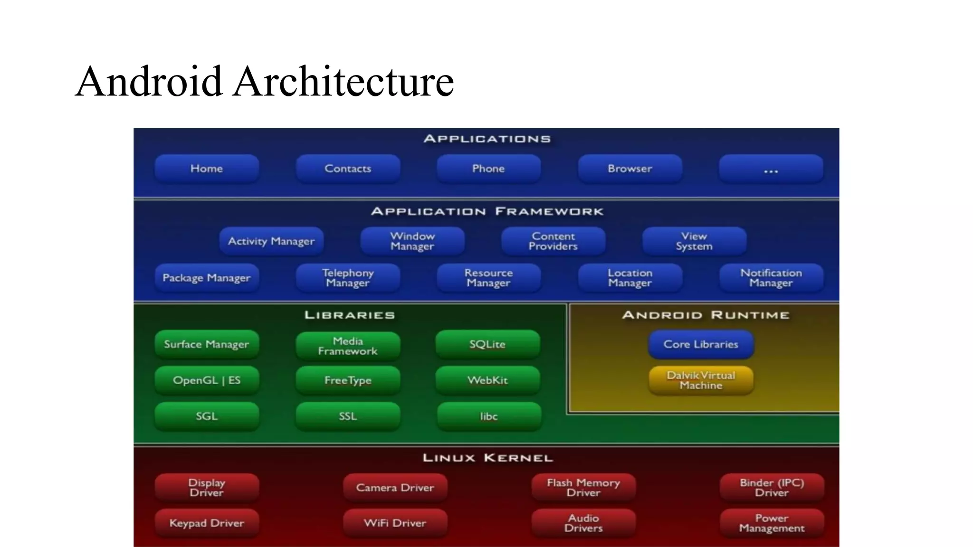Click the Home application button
pyautogui.click(x=207, y=169)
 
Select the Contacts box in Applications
pyautogui.click(x=348, y=169)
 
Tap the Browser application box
pyautogui.click(x=630, y=169)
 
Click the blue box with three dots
pyautogui.click(x=771, y=169)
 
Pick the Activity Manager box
pyautogui.click(x=271, y=241)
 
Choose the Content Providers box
pyautogui.click(x=553, y=241)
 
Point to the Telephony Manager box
pyautogui.click(x=348, y=278)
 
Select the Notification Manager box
pyautogui.click(x=771, y=278)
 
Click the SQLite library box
pyautogui.click(x=487, y=344)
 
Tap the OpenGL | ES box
pyautogui.click(x=207, y=380)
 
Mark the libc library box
pyautogui.click(x=488, y=416)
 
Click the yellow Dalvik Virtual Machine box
pyautogui.click(x=701, y=380)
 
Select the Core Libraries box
pyautogui.click(x=701, y=344)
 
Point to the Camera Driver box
pyautogui.click(x=395, y=488)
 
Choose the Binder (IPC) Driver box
pyautogui.click(x=772, y=488)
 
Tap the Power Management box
pyautogui.click(x=772, y=523)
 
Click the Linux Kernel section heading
pyautogui.click(x=487, y=458)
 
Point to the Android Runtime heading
pyautogui.click(x=706, y=315)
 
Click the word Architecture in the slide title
pyautogui.click(x=343, y=82)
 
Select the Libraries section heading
pyautogui.click(x=349, y=315)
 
